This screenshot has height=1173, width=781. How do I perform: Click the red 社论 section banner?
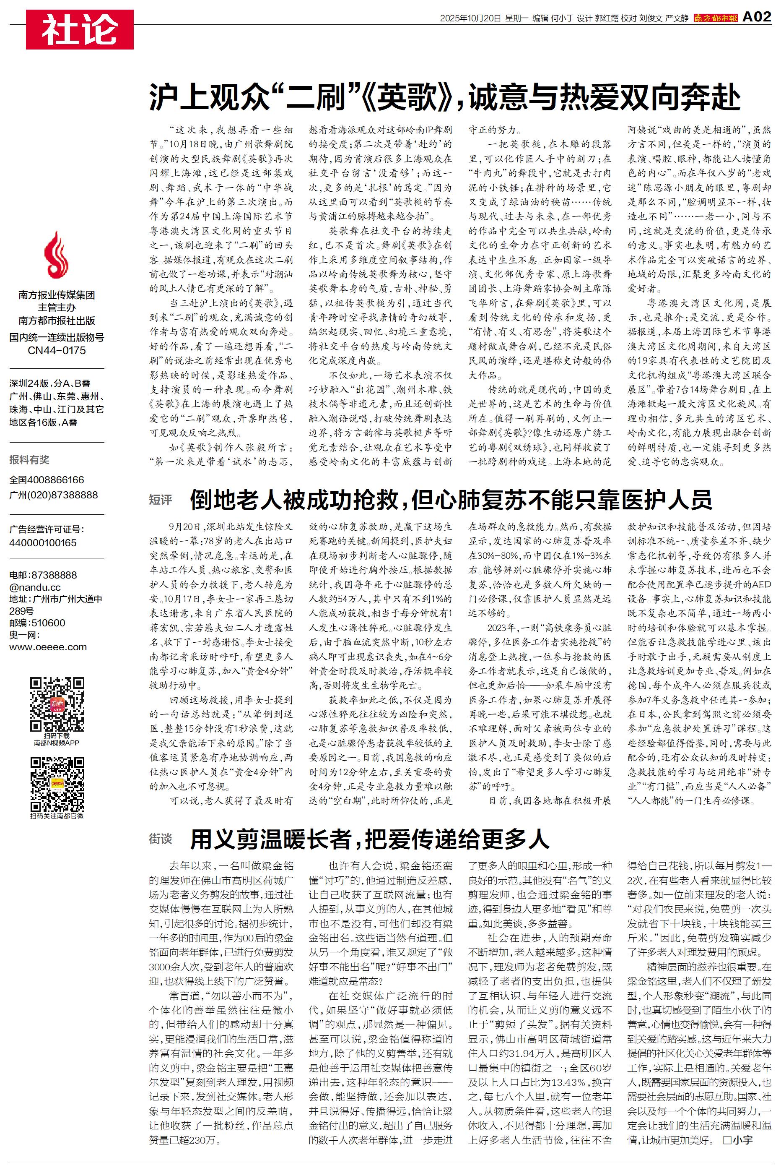point(80,29)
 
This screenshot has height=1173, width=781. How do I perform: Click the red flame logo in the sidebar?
point(57,255)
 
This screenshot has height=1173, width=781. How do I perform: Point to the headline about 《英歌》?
point(444,96)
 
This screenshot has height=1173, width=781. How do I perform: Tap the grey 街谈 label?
point(161,839)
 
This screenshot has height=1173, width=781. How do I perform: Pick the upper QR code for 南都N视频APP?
point(57,704)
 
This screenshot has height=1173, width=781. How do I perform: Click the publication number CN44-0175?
point(57,350)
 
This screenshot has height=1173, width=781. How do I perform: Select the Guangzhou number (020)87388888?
point(53,495)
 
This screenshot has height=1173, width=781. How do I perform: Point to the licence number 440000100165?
point(43,542)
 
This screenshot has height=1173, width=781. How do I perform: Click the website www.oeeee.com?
point(48,647)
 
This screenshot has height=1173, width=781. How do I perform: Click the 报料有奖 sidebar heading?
point(29,460)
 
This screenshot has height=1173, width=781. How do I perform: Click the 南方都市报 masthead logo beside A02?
point(715,18)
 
